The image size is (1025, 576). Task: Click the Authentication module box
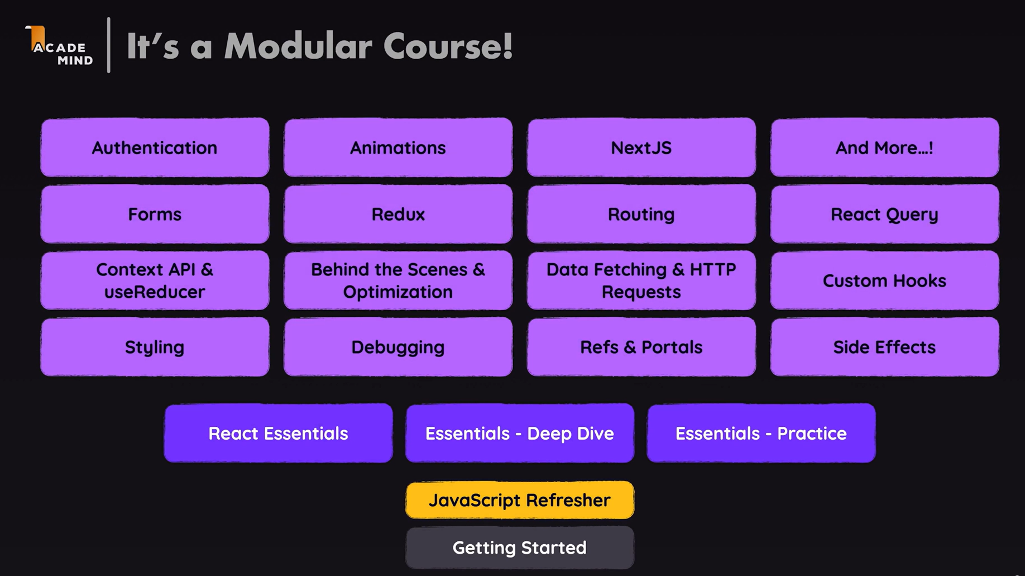(155, 147)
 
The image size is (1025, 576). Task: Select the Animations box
(398, 147)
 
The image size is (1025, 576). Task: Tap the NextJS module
(641, 147)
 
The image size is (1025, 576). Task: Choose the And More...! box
(885, 147)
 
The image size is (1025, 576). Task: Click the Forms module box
(155, 214)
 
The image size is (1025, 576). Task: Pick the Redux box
(398, 214)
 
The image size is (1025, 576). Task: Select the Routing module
(641, 214)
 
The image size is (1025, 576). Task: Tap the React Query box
(885, 214)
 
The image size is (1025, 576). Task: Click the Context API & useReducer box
(155, 280)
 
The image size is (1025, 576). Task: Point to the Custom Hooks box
(885, 280)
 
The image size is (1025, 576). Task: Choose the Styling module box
(155, 347)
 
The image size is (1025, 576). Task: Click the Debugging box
(398, 347)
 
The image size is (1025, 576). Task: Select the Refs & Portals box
(641, 347)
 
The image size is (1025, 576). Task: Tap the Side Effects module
(885, 347)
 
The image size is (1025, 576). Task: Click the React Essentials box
(279, 433)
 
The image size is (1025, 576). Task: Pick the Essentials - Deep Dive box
(520, 433)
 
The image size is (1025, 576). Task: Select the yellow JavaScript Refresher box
(520, 500)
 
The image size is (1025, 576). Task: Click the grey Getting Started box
(520, 548)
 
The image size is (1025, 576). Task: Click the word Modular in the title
(298, 46)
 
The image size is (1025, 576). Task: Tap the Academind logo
(59, 46)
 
